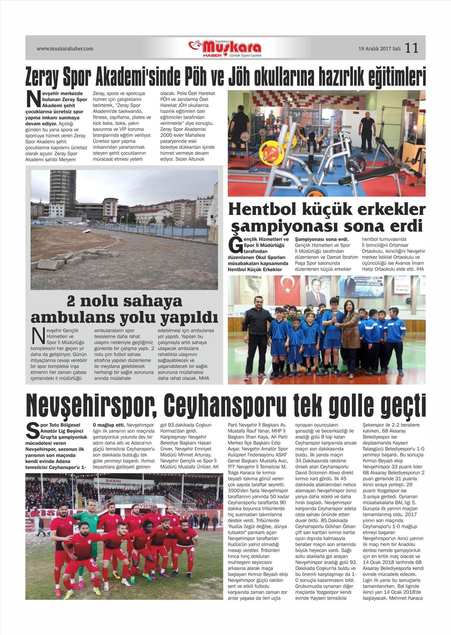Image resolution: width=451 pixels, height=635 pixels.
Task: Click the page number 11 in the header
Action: (411, 48)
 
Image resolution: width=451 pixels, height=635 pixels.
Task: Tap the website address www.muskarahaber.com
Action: (65, 48)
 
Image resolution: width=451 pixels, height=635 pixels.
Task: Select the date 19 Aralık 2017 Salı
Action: (379, 48)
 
